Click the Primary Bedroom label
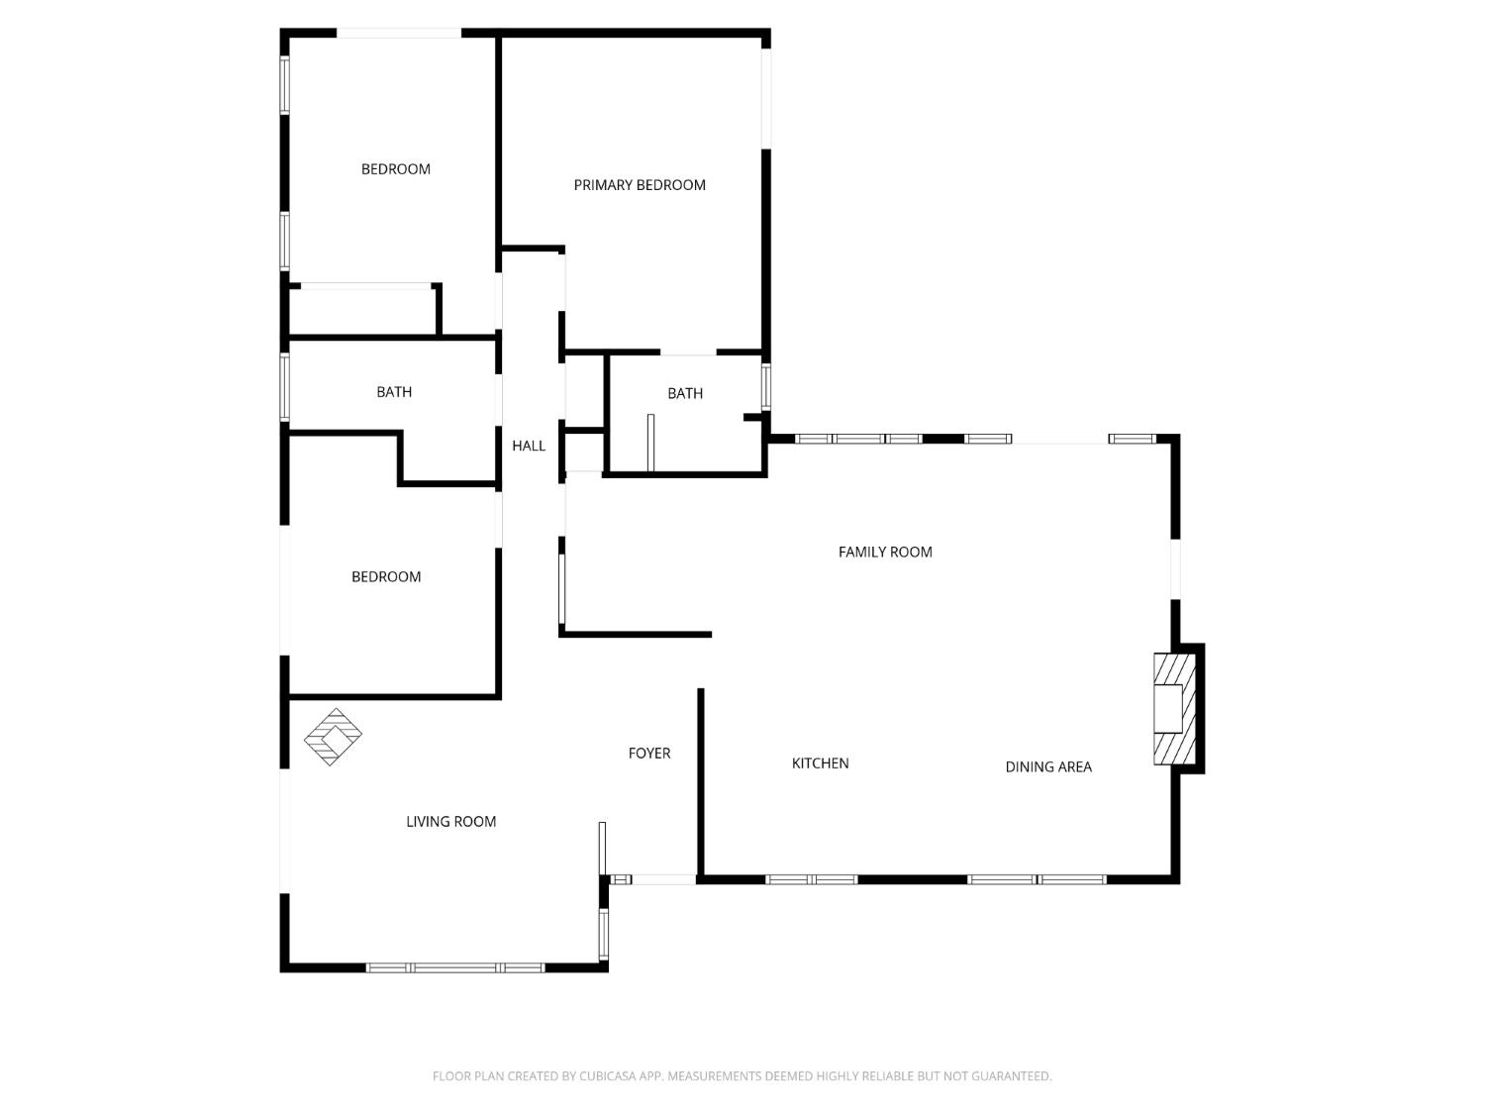640,185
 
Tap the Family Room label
885,553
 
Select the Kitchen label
820,763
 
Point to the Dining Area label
1048,766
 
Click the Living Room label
450,822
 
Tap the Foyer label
649,754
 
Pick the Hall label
529,447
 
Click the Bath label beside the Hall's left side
394,392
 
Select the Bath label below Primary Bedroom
685,394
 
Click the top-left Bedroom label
396,169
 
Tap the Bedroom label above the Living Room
386,577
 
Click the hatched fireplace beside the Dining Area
1174,708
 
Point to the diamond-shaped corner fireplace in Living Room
333,737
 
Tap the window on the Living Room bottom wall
455,967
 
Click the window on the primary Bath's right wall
766,386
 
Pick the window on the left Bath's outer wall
285,387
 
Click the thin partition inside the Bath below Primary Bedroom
650,443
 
